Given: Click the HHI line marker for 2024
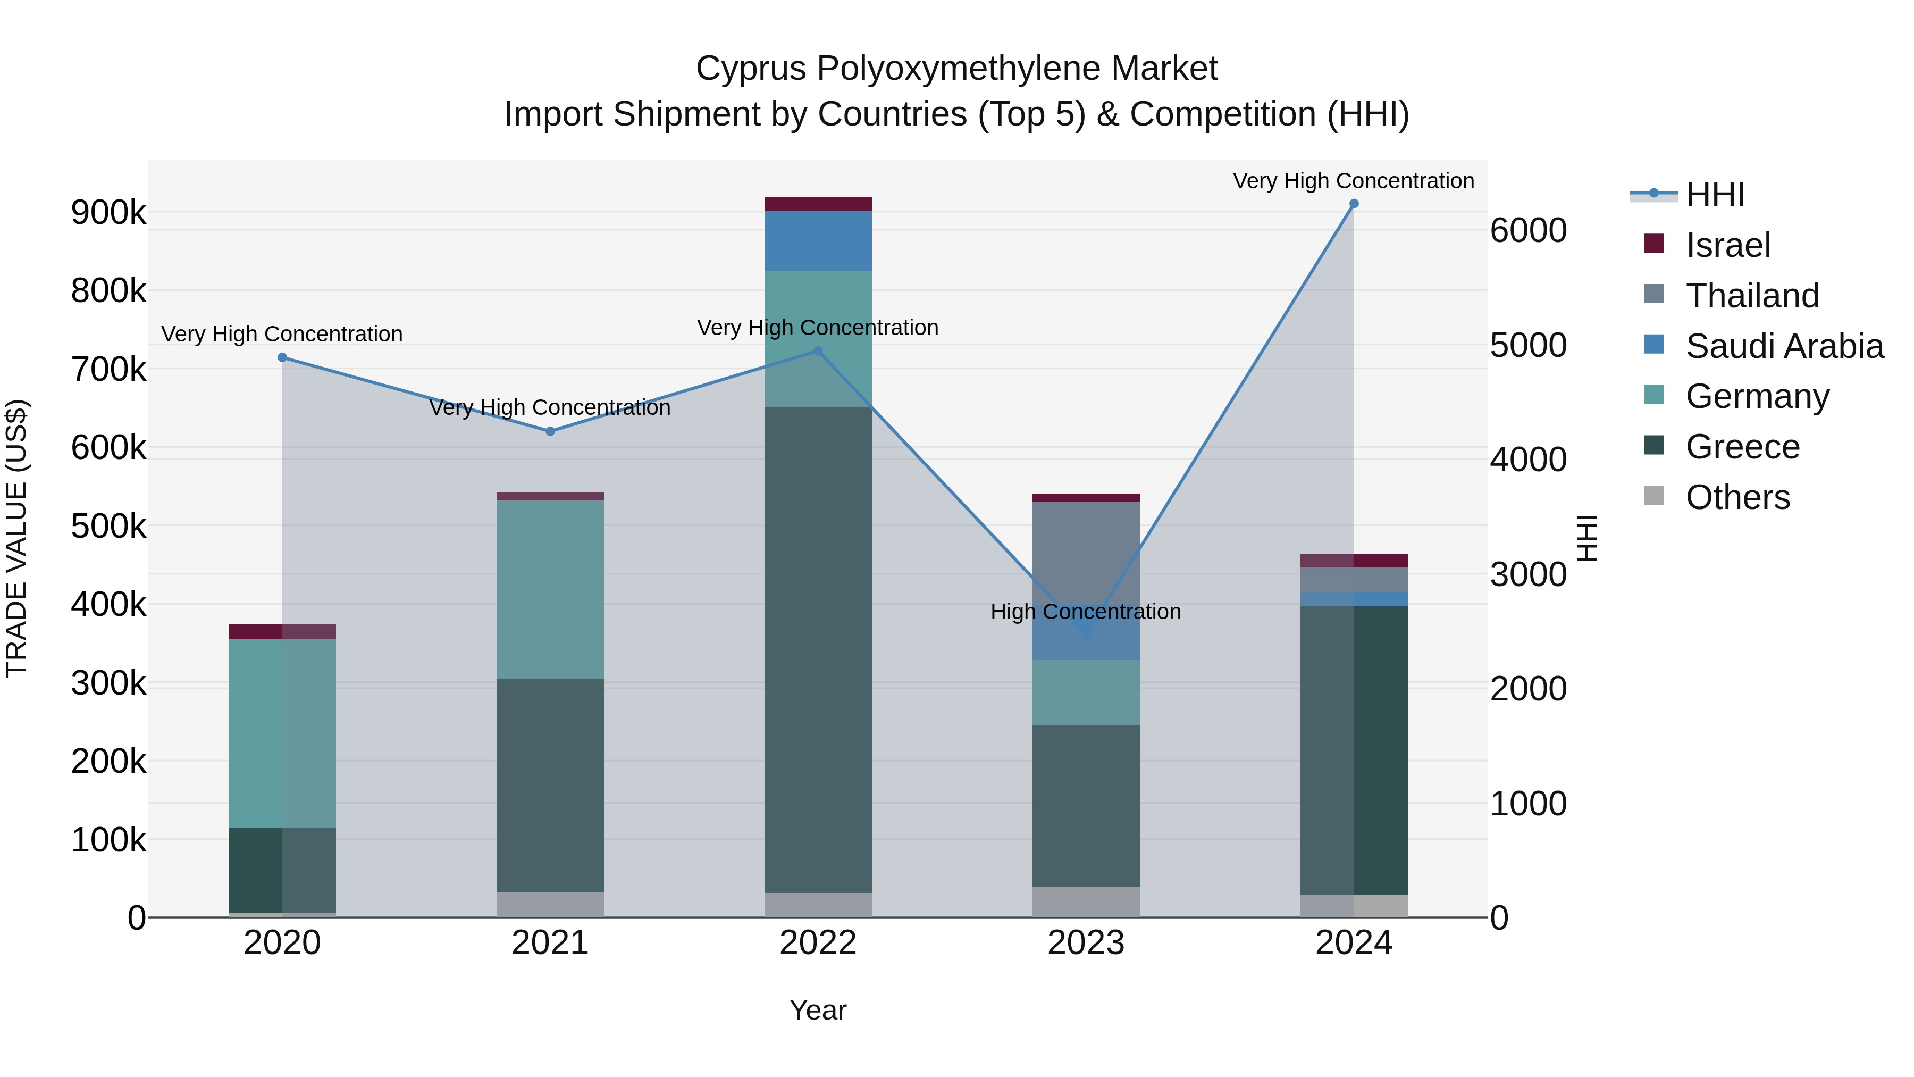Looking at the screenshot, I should point(1354,204).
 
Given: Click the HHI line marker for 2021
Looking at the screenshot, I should point(550,431).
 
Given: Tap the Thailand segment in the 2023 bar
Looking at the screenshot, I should point(1086,565).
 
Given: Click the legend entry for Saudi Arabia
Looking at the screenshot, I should point(1783,346).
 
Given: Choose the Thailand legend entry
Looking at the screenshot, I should point(1752,296).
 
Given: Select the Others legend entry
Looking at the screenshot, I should point(1737,497).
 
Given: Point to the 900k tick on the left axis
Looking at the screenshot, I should point(108,213).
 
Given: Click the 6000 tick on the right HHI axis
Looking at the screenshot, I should point(1529,230).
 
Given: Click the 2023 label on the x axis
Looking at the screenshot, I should point(1086,943).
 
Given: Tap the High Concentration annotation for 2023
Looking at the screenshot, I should point(1086,612).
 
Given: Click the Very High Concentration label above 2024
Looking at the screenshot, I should point(1353,181).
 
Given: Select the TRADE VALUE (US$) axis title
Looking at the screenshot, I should point(16,538).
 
